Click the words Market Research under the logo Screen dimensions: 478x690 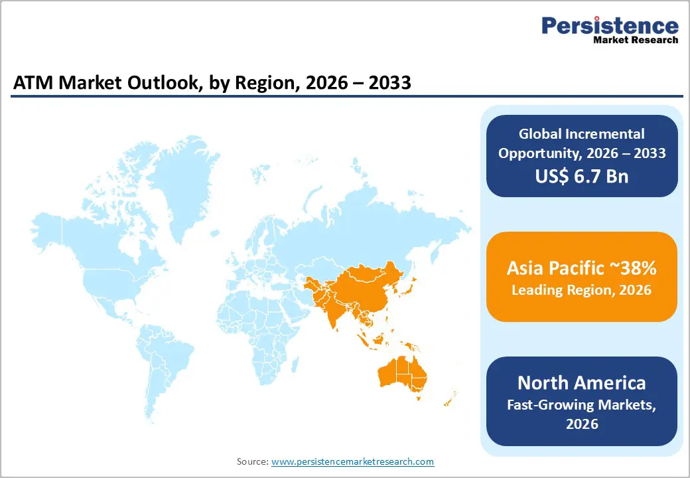coord(636,40)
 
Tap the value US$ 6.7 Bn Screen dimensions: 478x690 coord(581,176)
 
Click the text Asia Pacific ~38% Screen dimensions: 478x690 coord(581,268)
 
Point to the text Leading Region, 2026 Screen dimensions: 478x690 coord(581,290)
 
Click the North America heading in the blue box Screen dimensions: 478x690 coord(581,383)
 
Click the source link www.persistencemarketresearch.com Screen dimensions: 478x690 coord(352,461)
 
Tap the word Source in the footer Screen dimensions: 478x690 coord(252,461)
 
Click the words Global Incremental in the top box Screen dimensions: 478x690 coord(581,134)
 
